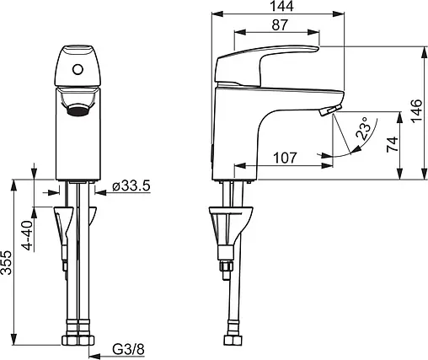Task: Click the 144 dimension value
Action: [281, 7]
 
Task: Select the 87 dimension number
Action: [280, 24]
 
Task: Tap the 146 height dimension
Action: [417, 110]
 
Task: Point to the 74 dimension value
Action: [393, 144]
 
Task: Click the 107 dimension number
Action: [285, 158]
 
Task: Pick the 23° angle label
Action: [364, 129]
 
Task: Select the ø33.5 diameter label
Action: [131, 186]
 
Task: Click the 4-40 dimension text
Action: [28, 235]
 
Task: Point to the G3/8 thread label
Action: [128, 350]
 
